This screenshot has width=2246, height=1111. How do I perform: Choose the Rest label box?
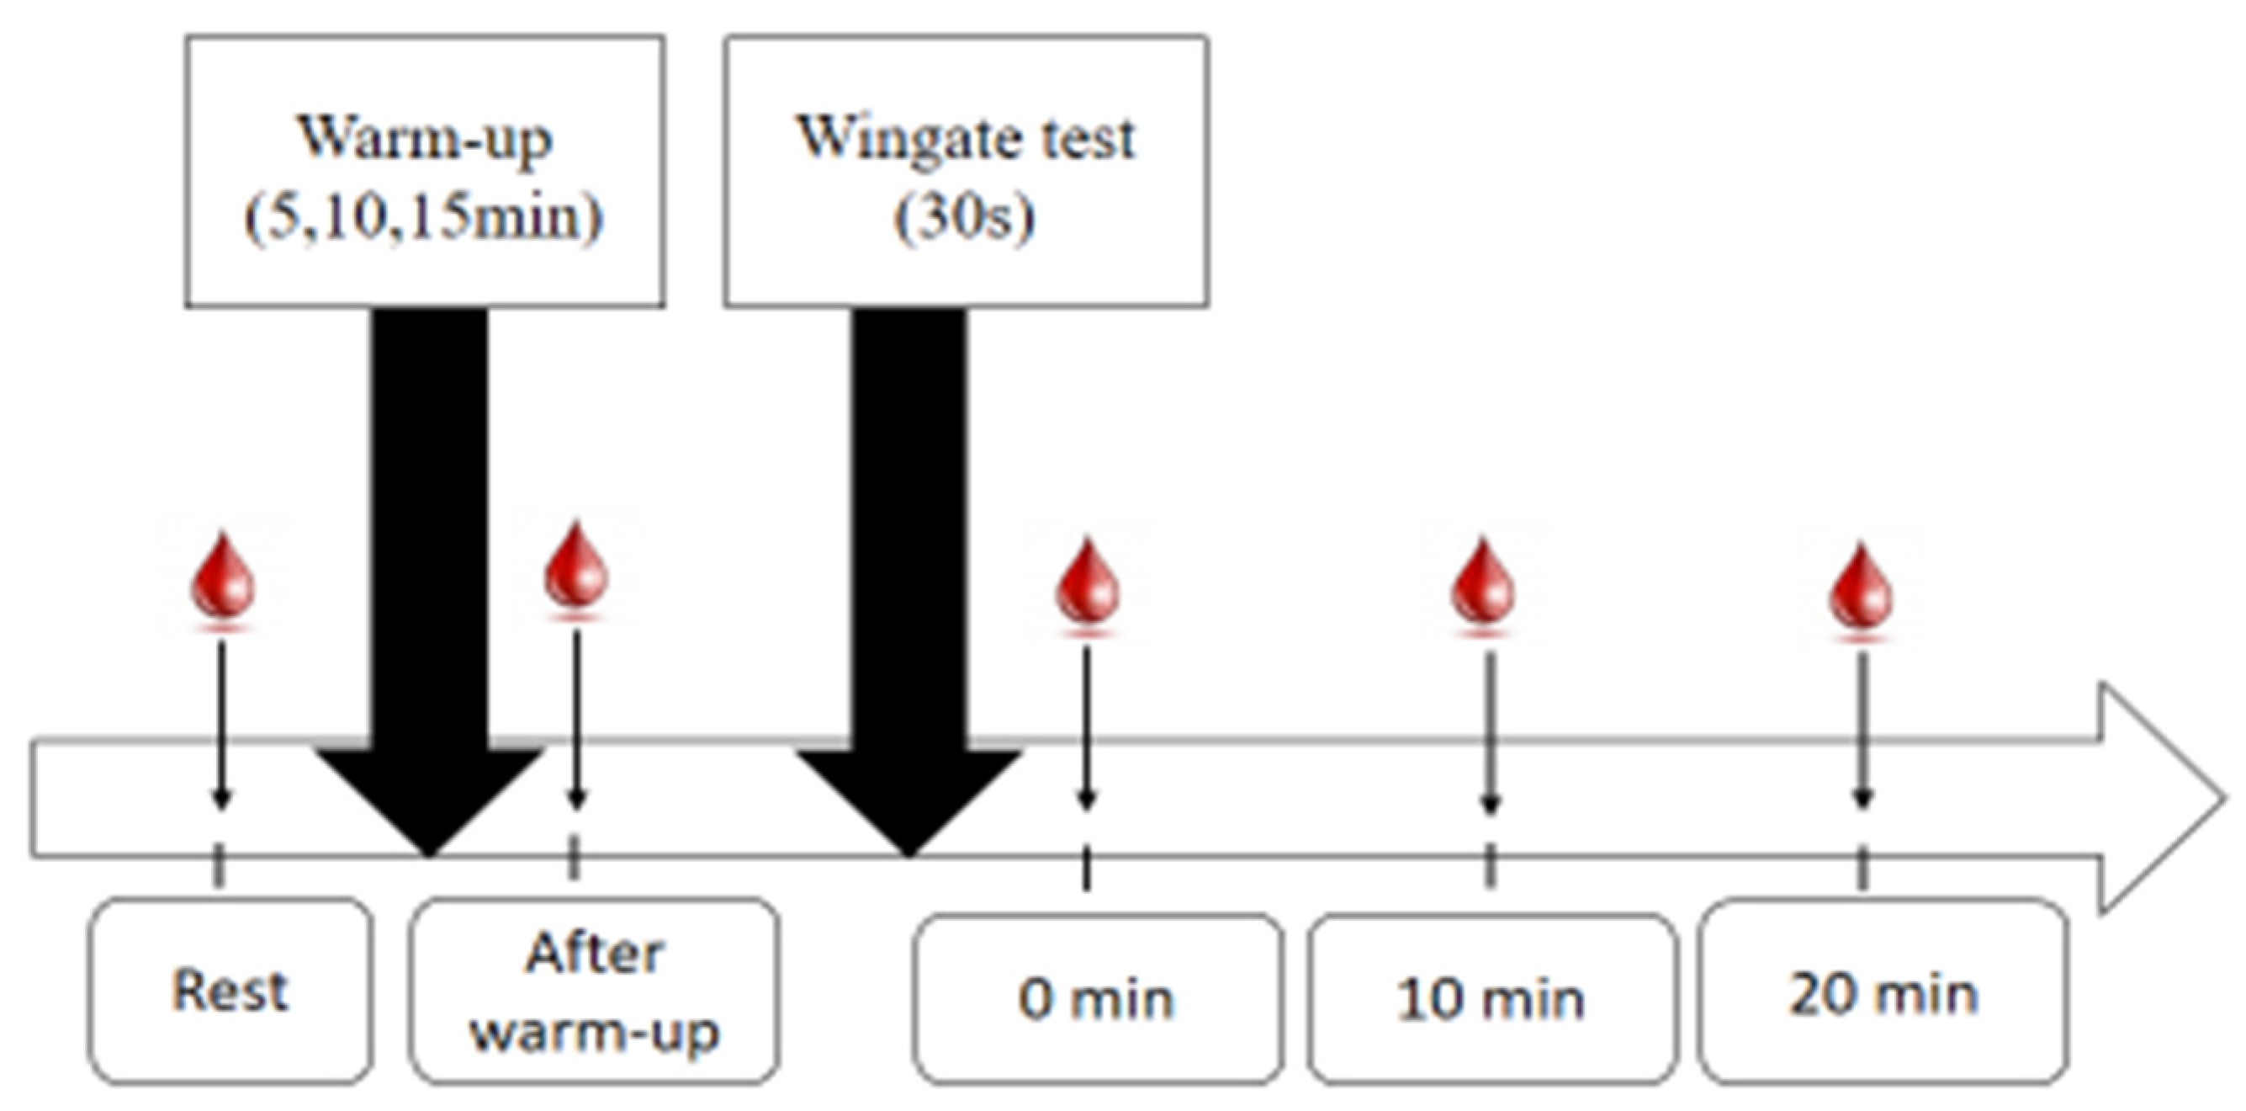click(x=230, y=991)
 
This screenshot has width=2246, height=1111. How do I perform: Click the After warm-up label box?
click(x=595, y=991)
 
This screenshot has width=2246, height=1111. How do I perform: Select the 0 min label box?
click(x=1097, y=997)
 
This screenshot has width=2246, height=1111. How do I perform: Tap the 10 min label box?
click(x=1491, y=997)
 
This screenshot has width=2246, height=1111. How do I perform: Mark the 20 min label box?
click(x=1883, y=992)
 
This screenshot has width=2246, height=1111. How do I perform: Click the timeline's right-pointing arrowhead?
click(x=2153, y=798)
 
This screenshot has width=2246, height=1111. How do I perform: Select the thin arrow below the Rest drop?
click(x=221, y=724)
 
